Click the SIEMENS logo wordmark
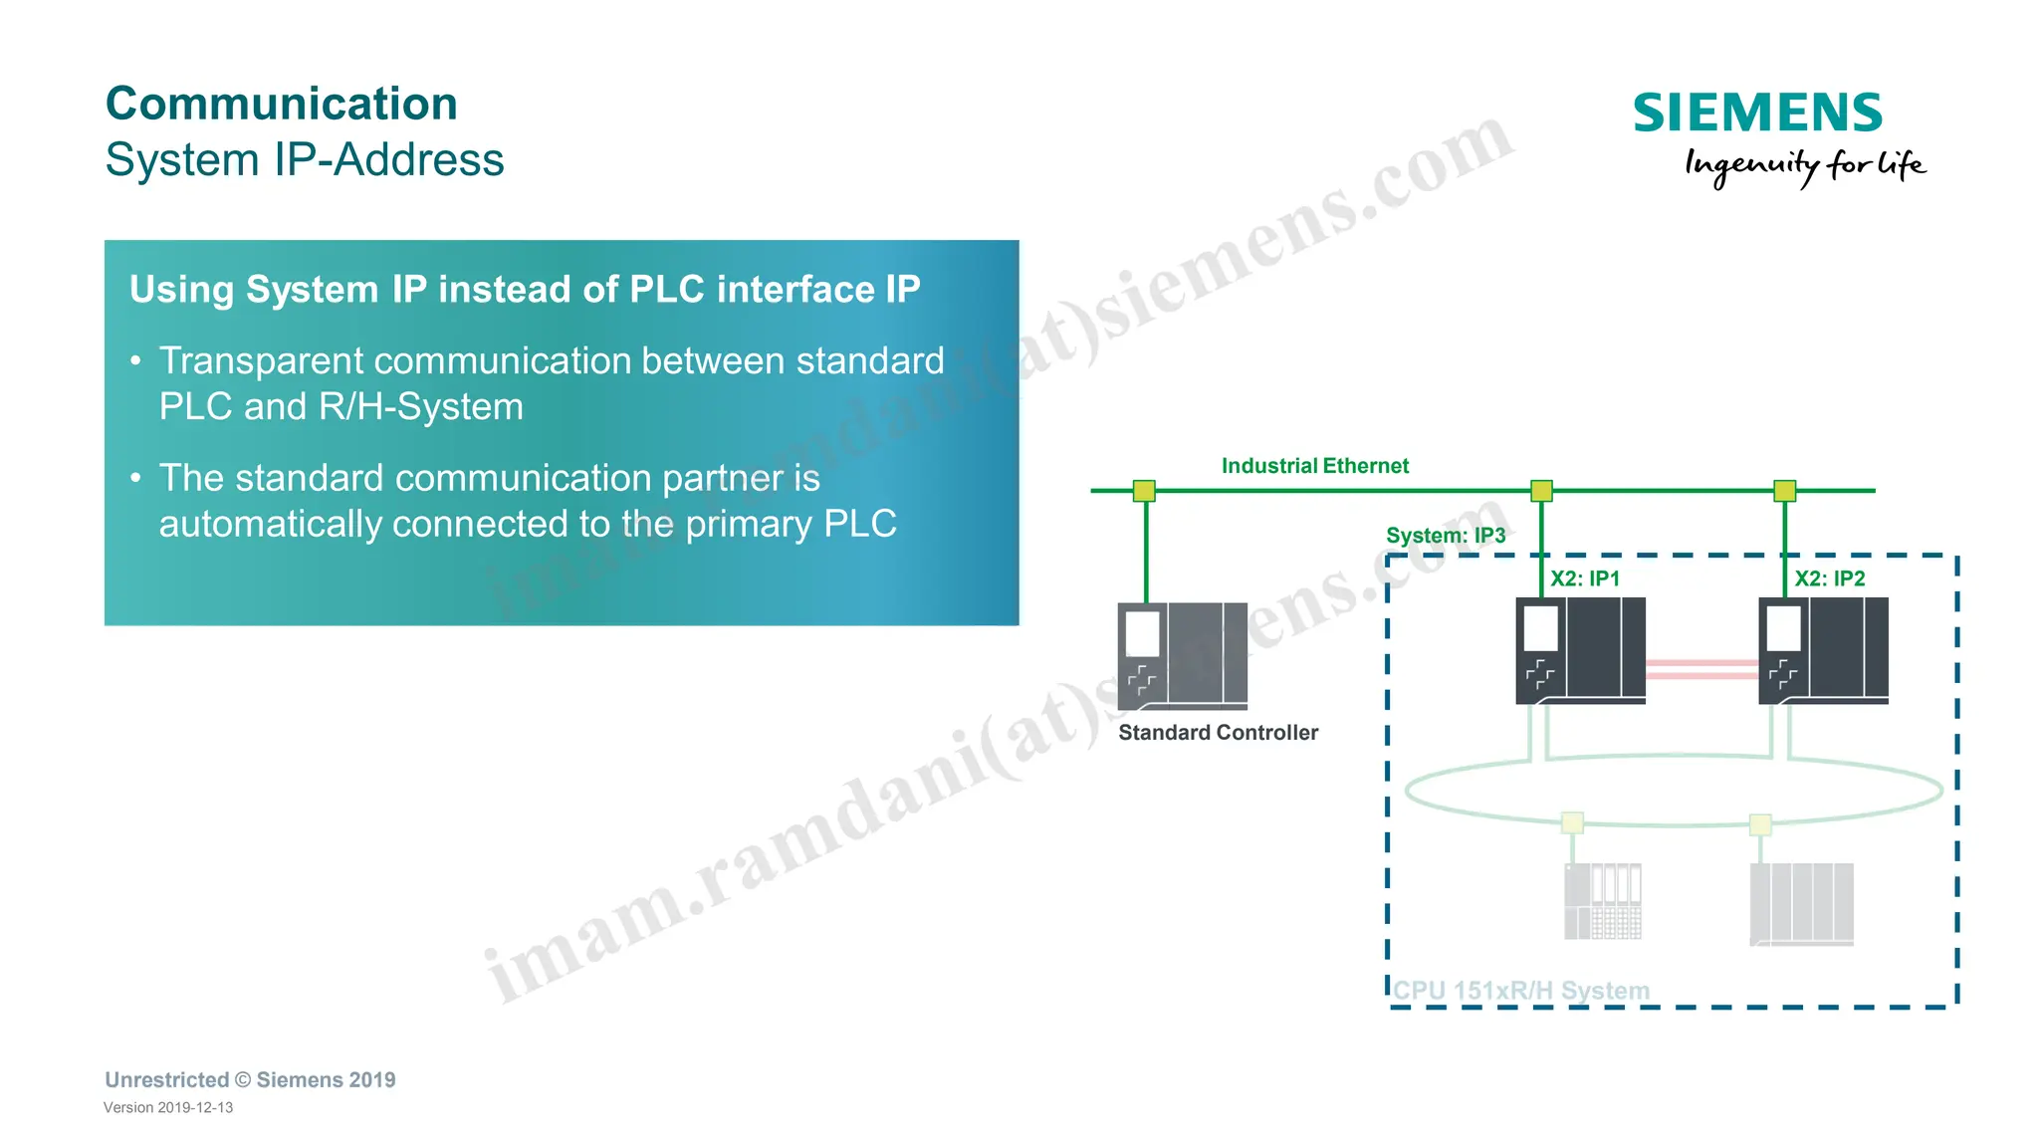(x=1757, y=113)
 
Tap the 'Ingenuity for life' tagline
(x=1804, y=165)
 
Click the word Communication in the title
(x=282, y=104)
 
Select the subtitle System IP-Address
(x=305, y=160)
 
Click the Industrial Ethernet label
(x=1314, y=466)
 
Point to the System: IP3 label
(x=1445, y=536)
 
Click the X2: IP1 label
(x=1584, y=578)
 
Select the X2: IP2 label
(x=1829, y=578)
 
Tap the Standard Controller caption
(x=1218, y=733)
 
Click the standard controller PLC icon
(x=1182, y=655)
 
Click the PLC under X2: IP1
(x=1580, y=650)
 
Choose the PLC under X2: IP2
(x=1823, y=650)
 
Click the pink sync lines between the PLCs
(x=1701, y=668)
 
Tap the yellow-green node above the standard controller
(x=1144, y=491)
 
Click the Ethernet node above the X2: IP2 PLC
(x=1784, y=491)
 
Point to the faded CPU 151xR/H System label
(x=1520, y=991)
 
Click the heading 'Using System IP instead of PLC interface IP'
(x=525, y=290)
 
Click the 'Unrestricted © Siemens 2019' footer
(x=250, y=1080)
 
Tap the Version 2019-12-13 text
(x=168, y=1108)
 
